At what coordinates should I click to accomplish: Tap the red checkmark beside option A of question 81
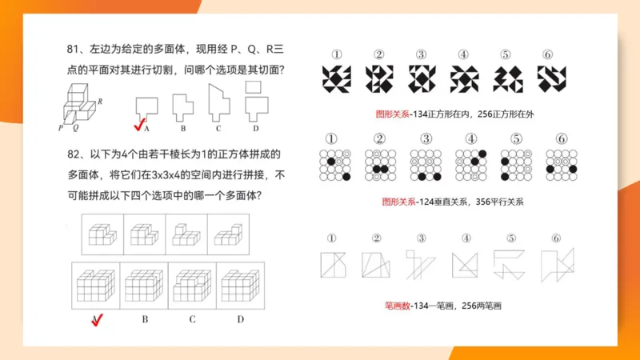(x=138, y=124)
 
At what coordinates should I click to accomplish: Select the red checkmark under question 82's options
(x=97, y=321)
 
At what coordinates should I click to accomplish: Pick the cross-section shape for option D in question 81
(x=254, y=100)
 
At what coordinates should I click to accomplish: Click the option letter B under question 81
(x=182, y=128)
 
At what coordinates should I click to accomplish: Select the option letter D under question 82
(x=241, y=320)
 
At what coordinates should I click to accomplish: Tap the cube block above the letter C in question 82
(x=192, y=285)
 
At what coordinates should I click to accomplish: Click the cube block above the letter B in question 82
(x=144, y=285)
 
